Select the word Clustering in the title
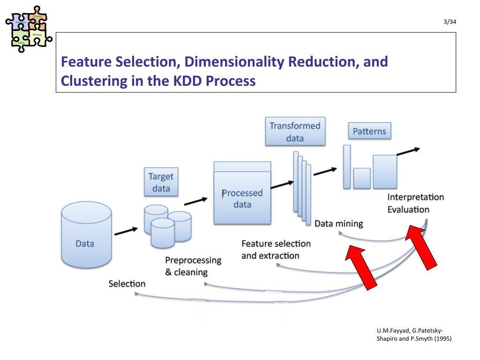coord(90,81)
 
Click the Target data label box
coord(161,183)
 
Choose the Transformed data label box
coord(295,132)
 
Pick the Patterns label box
coord(369,131)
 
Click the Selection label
coord(127,284)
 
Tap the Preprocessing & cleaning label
coord(193,266)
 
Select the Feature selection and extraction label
coord(276,249)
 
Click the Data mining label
coord(338,224)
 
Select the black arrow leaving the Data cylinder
coord(126,232)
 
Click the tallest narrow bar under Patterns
coord(347,167)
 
